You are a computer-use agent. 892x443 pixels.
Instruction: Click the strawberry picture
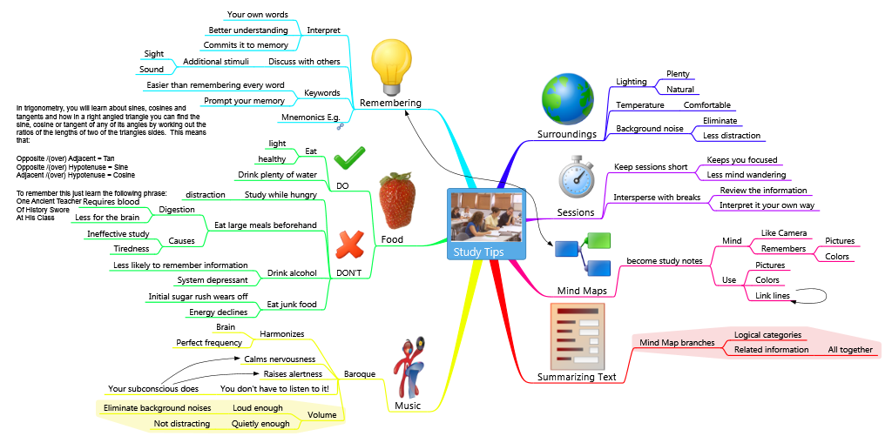tap(397, 200)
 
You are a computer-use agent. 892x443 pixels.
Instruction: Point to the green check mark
tap(349, 158)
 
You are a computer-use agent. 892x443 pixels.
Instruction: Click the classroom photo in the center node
tap(486, 218)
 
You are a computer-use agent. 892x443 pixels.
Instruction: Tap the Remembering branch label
tap(390, 103)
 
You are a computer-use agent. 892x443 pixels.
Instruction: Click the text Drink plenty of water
tap(277, 175)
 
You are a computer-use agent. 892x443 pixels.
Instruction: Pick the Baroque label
tap(360, 373)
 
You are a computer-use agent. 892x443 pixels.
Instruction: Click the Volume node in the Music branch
tap(322, 415)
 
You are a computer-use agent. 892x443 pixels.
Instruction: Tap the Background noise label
tap(650, 129)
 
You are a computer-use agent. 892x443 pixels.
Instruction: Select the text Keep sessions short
tap(651, 167)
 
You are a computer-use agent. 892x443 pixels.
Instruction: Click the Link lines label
tap(773, 296)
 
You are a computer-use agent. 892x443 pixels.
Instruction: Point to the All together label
tap(850, 350)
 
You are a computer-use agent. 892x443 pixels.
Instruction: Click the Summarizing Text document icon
tap(578, 337)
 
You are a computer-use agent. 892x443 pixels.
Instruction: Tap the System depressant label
tap(213, 279)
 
